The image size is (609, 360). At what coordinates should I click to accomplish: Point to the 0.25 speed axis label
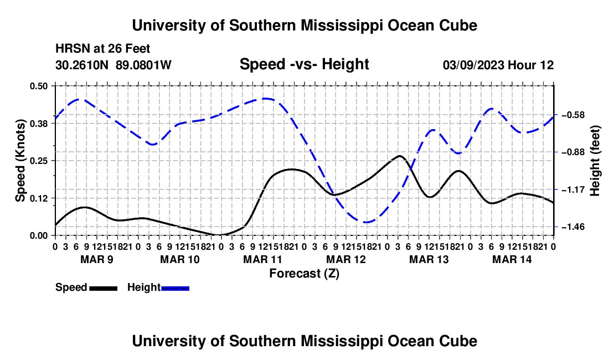click(38, 161)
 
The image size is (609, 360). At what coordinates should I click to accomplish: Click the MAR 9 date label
click(97, 259)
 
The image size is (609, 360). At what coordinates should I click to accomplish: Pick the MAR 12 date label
click(346, 259)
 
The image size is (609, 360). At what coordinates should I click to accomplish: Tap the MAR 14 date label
click(512, 259)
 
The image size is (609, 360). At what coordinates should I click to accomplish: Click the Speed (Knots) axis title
click(20, 161)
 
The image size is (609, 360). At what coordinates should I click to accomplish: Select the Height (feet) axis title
click(595, 161)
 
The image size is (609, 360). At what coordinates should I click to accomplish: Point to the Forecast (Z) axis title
click(304, 274)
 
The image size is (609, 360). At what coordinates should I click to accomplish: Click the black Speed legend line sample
click(104, 288)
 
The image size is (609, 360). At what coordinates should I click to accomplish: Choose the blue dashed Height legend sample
click(175, 288)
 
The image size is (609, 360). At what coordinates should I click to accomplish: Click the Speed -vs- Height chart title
click(304, 64)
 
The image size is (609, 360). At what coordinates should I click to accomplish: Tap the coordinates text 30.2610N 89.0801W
click(113, 65)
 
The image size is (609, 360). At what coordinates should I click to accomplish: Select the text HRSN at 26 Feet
click(102, 49)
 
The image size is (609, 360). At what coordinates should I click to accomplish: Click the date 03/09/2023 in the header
click(473, 65)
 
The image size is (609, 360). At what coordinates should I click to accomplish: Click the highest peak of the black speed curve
click(400, 156)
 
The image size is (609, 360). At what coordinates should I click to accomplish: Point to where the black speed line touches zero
click(219, 235)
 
